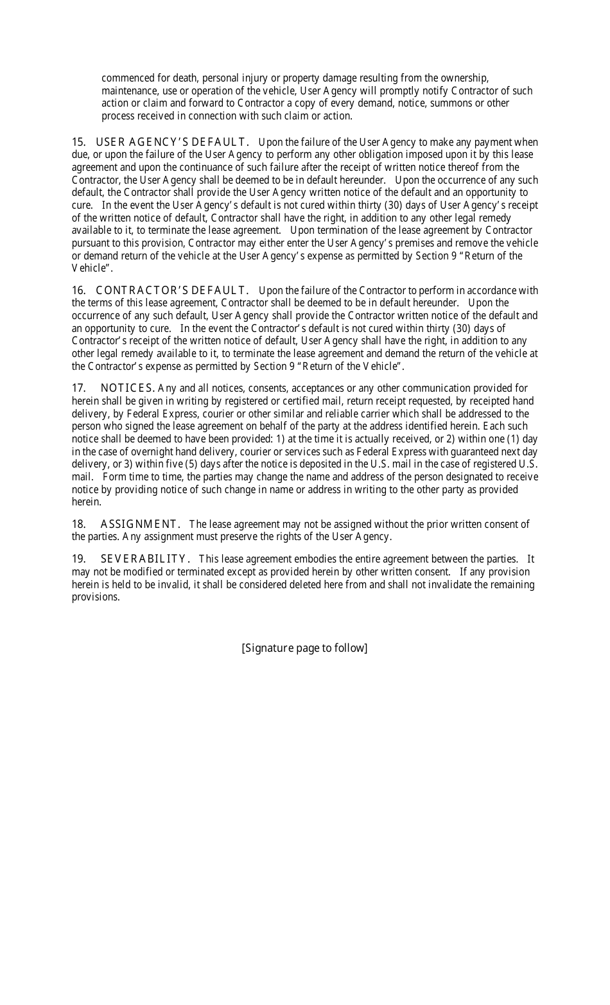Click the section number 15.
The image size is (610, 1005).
[x=78, y=142]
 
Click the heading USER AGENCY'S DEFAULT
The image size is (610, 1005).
[x=172, y=142]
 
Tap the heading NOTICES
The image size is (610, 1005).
[x=128, y=388]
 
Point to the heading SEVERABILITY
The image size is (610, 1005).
[x=145, y=559]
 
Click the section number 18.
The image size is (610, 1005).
[x=78, y=524]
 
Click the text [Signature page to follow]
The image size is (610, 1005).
[x=304, y=647]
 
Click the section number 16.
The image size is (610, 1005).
[x=78, y=290]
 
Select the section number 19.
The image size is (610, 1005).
[x=78, y=559]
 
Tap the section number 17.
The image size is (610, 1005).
[x=78, y=388]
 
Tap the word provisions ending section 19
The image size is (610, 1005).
[x=95, y=597]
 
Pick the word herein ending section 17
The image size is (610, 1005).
[x=85, y=502]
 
